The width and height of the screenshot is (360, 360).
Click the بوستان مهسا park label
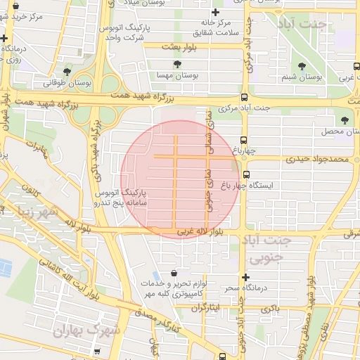[x=178, y=75]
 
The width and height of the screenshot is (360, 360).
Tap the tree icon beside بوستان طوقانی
[x=67, y=72]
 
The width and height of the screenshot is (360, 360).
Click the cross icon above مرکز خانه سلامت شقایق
[x=215, y=13]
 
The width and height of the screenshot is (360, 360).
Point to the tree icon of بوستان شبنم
[x=302, y=66]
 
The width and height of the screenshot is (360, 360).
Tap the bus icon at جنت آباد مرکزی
[x=244, y=98]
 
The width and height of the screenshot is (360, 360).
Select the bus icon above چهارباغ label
[x=243, y=139]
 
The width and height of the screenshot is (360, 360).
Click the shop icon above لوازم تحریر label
[x=174, y=273]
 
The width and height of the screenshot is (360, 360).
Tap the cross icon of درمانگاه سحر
[x=245, y=278]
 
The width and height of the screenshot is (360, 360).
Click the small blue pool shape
[x=6, y=268]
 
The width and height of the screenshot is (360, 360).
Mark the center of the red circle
[x=180, y=180]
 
